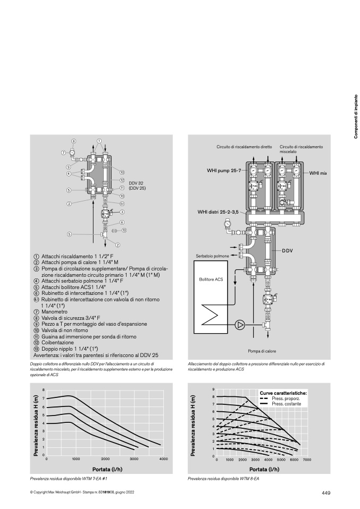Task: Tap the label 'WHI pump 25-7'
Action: coord(224,171)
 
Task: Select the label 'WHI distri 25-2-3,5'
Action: coord(218,212)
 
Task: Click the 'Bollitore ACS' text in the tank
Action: coord(211,279)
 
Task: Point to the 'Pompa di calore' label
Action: coord(262,351)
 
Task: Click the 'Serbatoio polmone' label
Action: coord(212,256)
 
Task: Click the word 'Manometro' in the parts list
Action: coord(54,312)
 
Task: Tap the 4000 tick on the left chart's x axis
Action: coord(163,459)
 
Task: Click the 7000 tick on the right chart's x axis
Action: coord(307,460)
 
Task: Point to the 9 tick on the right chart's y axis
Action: coord(213,389)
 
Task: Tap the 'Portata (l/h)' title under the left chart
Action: coord(107,469)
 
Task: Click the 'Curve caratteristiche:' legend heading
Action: coord(283,393)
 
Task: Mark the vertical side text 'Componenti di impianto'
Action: coord(356,116)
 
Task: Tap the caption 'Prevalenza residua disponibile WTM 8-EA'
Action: coord(223,479)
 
